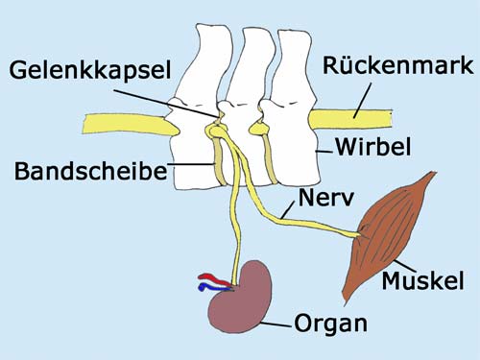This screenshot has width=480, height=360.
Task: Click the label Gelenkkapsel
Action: tap(90, 71)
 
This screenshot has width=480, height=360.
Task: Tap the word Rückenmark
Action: tap(398, 66)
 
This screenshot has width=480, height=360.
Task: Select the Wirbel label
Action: tap(373, 147)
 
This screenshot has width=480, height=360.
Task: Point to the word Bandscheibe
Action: tap(91, 171)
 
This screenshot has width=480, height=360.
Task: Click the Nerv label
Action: tap(326, 198)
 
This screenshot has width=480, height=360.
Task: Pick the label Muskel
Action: tap(422, 280)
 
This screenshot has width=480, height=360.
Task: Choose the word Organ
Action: tap(330, 324)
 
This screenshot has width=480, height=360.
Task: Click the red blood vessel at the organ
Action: tap(213, 278)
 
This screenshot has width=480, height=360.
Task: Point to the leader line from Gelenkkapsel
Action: tap(166, 103)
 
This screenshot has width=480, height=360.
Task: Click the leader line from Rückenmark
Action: tap(362, 101)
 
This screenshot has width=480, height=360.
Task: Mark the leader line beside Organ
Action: tap(276, 324)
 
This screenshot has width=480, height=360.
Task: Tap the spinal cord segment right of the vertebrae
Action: tap(350, 119)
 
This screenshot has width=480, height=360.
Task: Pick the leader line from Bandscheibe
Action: tap(191, 164)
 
